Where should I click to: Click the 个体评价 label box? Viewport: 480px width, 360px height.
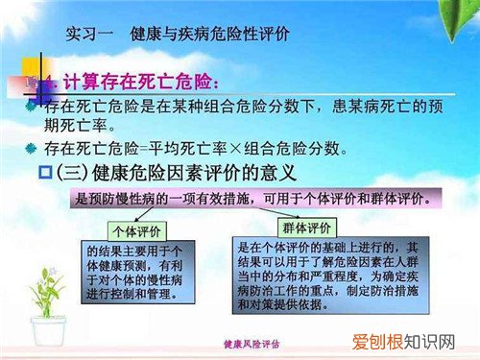(x=134, y=230)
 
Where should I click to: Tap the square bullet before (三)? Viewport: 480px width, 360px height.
(x=69, y=175)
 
